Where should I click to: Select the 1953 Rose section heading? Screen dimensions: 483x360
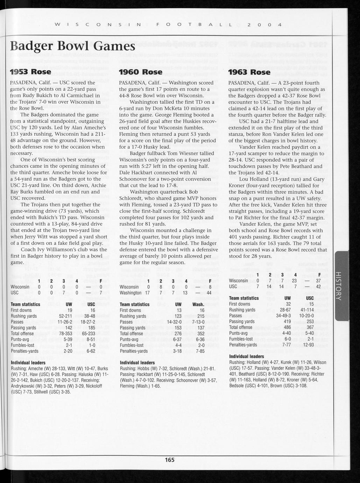tap(31, 72)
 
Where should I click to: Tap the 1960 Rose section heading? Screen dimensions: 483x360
tap(141, 72)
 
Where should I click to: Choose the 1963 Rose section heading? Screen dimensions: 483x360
tap(249, 72)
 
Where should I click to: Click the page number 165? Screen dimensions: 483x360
tap(170, 460)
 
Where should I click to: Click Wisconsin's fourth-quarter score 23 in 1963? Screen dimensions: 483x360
tap(294, 281)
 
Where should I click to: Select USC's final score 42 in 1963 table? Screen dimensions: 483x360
tap(318, 286)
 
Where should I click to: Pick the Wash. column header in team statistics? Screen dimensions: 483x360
tap(198, 304)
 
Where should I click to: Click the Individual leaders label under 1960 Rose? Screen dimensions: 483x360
tap(137, 363)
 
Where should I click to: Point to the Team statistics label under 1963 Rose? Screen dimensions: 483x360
tap(244, 298)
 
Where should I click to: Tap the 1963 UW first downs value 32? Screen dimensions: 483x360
tap(288, 304)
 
